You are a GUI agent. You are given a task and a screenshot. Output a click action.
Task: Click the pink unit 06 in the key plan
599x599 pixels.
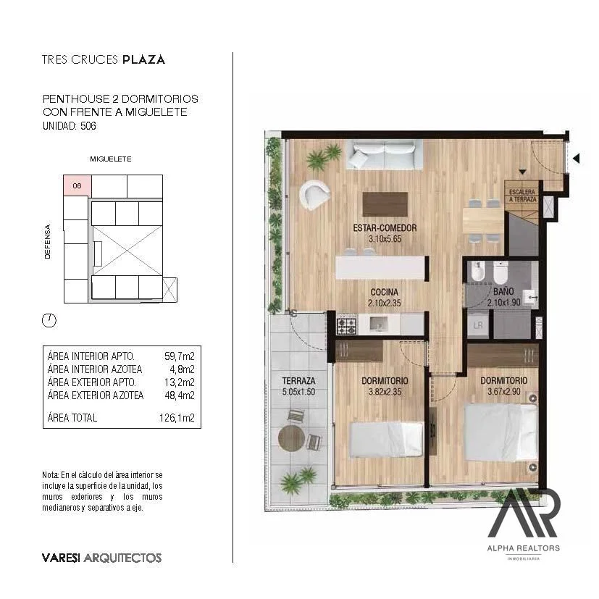(78, 185)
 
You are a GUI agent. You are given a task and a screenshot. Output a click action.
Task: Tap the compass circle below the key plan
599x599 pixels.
(49, 320)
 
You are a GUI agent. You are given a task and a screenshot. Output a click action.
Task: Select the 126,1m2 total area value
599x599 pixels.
(177, 417)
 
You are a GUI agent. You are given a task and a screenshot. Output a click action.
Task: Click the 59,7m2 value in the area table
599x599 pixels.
(179, 356)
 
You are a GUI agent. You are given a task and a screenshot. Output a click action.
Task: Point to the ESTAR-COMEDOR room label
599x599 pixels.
(385, 228)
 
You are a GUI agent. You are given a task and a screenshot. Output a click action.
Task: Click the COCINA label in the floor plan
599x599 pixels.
(385, 292)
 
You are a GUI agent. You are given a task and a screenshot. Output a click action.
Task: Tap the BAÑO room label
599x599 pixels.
(503, 291)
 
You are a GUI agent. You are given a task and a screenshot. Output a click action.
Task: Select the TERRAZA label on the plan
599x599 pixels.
(298, 381)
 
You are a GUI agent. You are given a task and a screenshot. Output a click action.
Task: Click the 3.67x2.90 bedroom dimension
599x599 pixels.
(504, 392)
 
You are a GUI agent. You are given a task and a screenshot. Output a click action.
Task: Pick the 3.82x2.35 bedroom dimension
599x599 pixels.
(385, 392)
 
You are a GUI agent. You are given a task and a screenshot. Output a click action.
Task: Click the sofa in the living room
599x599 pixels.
(385, 154)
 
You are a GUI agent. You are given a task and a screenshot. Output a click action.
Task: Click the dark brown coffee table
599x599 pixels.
(385, 204)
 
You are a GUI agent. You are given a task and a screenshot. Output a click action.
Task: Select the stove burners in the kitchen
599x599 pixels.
(346, 326)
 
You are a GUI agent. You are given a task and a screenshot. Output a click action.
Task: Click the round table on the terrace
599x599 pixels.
(291, 438)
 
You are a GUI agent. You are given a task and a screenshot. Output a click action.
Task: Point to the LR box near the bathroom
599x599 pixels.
(478, 325)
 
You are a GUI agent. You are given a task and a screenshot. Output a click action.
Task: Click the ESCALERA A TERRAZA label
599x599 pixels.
(523, 196)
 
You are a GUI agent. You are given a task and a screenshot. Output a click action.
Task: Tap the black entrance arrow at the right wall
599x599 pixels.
(577, 158)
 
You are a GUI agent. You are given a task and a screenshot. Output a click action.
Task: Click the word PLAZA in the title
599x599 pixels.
(143, 59)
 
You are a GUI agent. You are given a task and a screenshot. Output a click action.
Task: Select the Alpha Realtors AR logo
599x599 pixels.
(523, 513)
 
